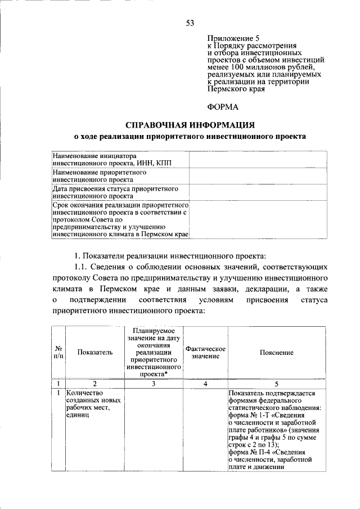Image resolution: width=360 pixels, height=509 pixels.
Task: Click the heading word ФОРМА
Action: pos(224,107)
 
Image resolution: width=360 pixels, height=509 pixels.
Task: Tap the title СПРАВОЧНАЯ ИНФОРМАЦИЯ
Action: pos(190,124)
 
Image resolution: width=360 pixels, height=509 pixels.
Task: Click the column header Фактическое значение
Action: pos(205,353)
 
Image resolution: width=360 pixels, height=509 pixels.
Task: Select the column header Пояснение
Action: pos(276,352)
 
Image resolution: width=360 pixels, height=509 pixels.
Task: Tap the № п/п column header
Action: pos(58,353)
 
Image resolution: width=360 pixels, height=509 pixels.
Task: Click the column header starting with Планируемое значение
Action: pos(153,353)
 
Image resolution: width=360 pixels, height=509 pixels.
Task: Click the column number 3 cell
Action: pos(153,384)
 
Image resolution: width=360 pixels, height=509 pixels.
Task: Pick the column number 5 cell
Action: pos(276,384)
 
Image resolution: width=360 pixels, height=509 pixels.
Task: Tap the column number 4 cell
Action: pos(205,384)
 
